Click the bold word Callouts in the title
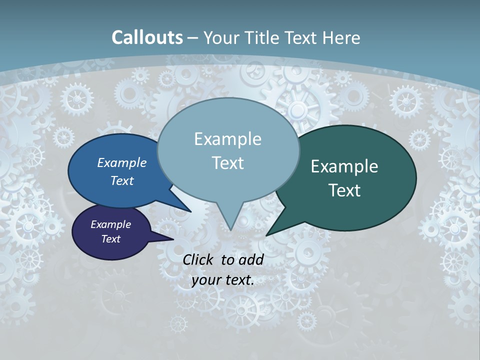coord(147,37)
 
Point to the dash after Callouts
coord(193,38)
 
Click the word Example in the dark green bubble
coord(344,166)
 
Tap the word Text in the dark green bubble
coord(344,190)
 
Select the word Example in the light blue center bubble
coord(227,139)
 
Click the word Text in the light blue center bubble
coord(227,163)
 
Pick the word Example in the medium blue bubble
coord(122,163)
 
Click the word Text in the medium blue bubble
coord(122,180)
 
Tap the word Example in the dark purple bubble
coord(110,224)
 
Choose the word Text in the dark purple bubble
coord(110,239)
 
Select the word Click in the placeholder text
coord(199,259)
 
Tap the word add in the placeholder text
coord(250,259)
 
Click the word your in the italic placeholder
coord(206,280)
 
